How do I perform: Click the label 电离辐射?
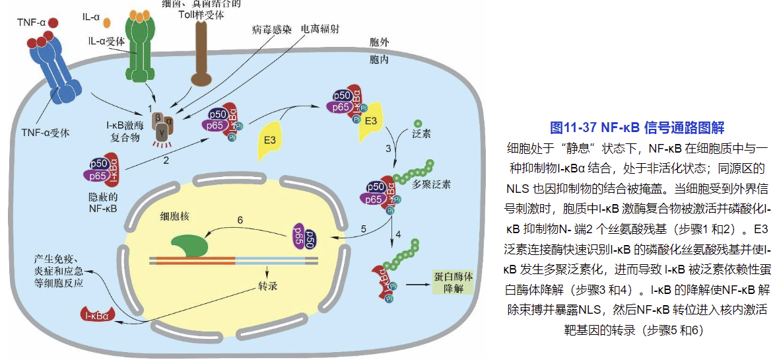tap(321, 30)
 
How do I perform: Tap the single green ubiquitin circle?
tap(418, 123)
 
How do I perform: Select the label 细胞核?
tap(176, 216)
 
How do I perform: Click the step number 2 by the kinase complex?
tap(166, 159)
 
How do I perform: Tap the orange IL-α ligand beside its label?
tap(106, 22)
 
